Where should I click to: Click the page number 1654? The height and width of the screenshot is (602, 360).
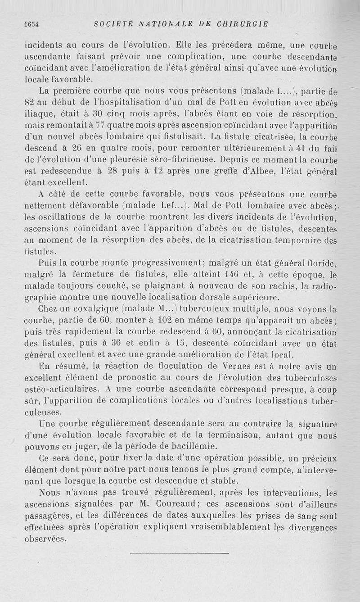click(31, 24)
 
